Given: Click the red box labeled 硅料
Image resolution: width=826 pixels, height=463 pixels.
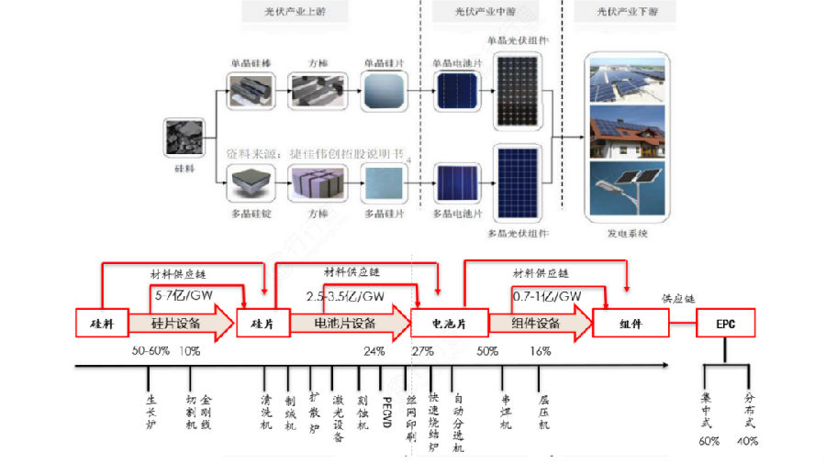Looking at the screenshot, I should pos(100,324).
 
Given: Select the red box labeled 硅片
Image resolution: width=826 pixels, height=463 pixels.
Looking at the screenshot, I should pos(263,324).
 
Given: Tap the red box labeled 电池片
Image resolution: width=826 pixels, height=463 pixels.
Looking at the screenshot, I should pos(437,324).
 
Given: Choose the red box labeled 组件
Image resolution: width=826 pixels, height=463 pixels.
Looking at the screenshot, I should pos(630,324).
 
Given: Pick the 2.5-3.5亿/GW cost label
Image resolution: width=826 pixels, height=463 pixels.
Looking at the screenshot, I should pos(345,295).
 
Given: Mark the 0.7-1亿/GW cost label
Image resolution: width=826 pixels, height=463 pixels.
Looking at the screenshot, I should pos(547,295).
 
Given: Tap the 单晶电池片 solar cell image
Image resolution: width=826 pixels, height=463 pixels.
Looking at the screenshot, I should pos(456,93).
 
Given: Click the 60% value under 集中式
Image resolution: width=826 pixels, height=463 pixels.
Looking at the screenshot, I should pos(709,440).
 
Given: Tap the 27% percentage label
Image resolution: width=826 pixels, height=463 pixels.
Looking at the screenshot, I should pos(422,351).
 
